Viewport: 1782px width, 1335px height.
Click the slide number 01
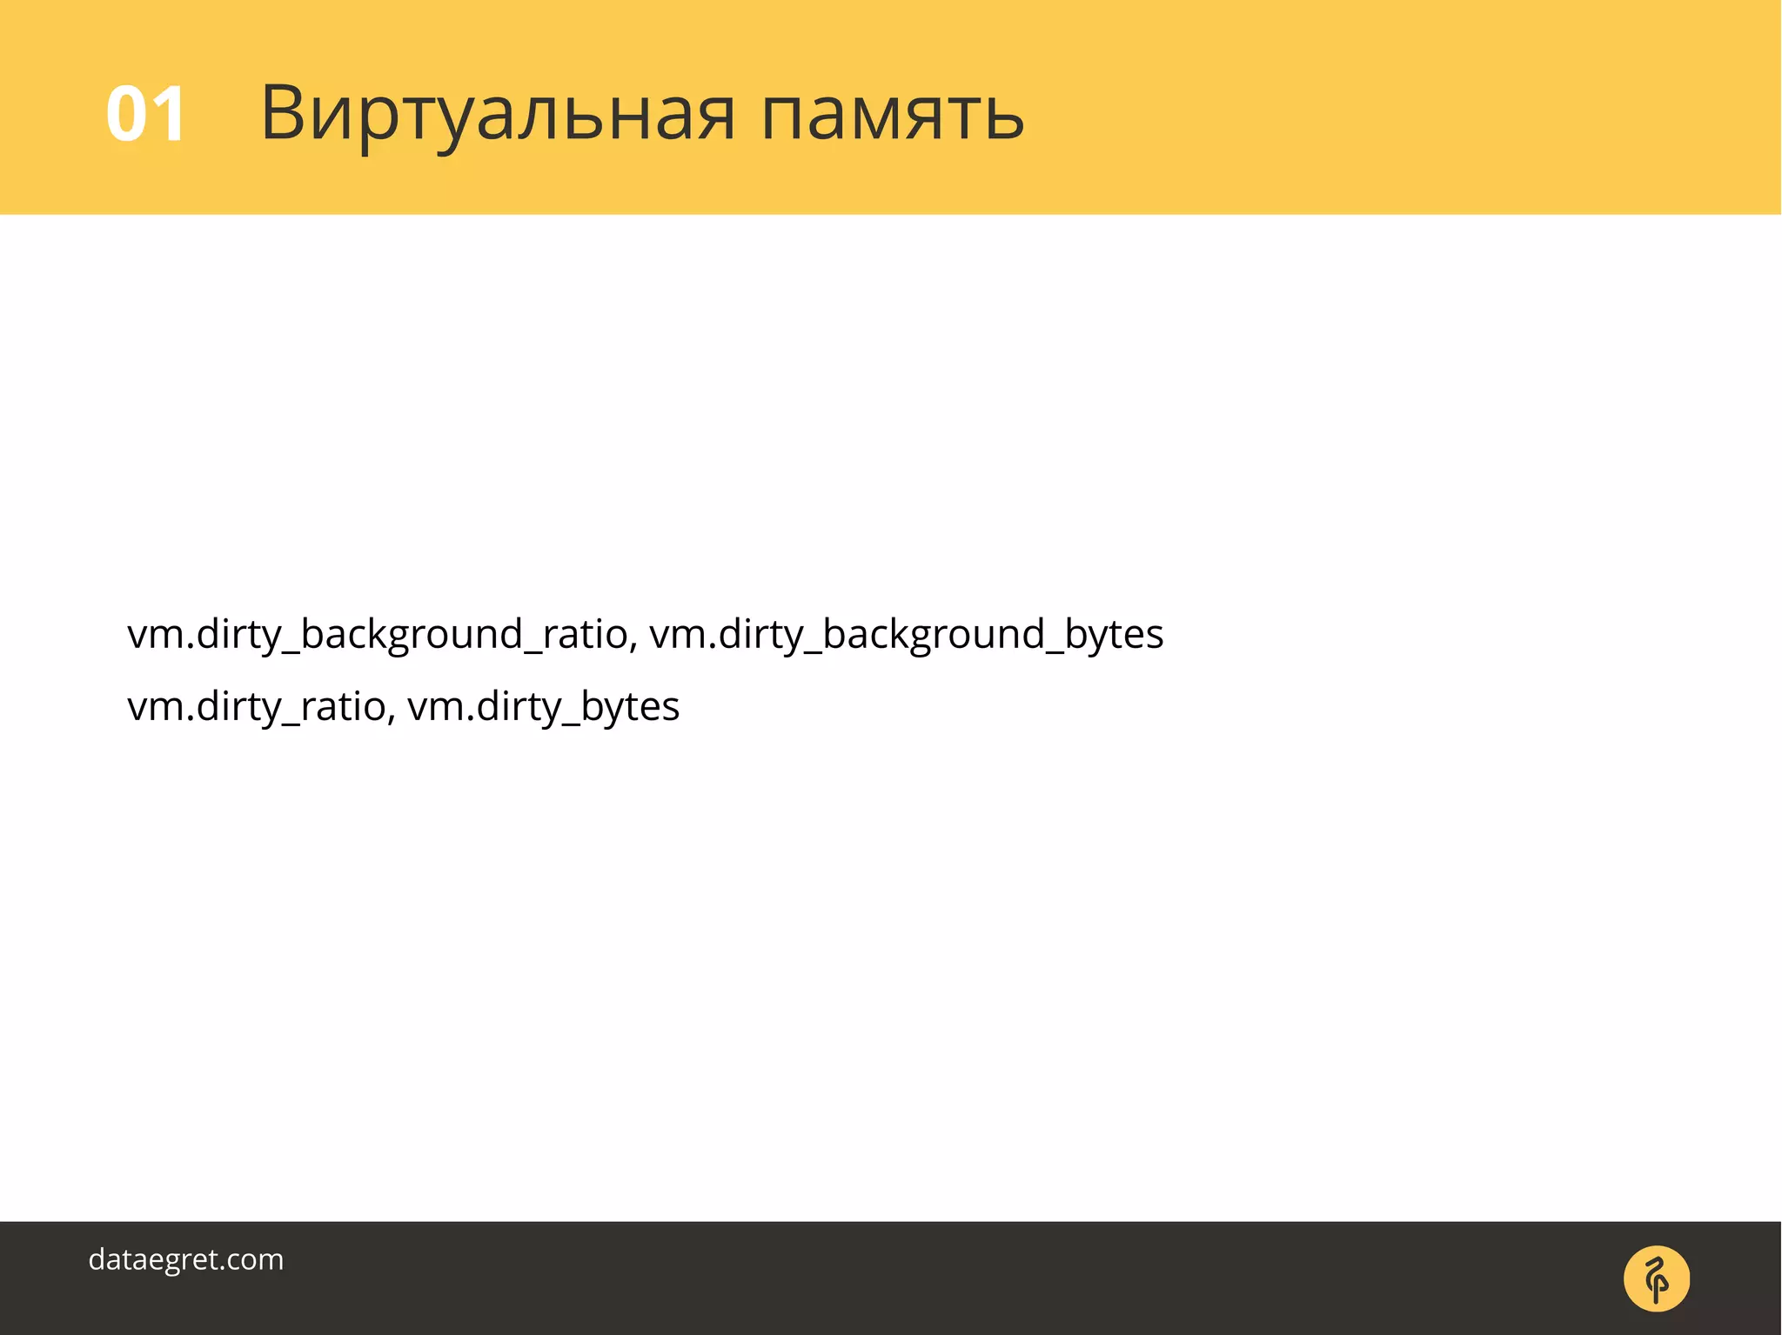(145, 114)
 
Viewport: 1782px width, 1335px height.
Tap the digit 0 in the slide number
(126, 114)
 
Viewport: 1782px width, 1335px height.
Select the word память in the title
(892, 114)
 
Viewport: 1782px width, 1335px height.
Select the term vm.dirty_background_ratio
(377, 634)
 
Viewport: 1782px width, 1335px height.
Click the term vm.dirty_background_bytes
(906, 634)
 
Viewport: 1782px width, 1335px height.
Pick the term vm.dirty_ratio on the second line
(257, 706)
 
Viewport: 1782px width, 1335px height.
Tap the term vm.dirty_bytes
(543, 706)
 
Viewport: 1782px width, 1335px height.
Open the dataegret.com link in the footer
(186, 1259)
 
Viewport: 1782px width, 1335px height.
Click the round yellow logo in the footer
(1656, 1278)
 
